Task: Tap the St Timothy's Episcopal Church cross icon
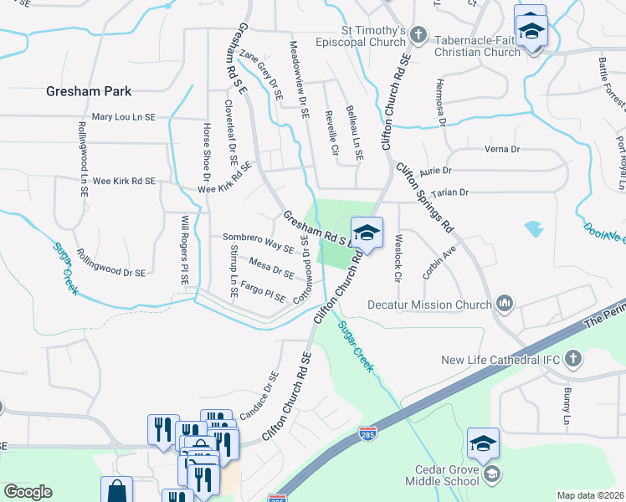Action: [x=419, y=37]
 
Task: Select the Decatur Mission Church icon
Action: [x=504, y=301]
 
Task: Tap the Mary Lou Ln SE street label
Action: [x=124, y=117]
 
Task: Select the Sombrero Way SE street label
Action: [x=258, y=243]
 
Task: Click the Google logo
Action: [x=28, y=492]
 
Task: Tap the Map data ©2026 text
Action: [x=590, y=495]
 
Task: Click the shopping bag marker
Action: [x=117, y=490]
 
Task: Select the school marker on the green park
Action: [x=367, y=233]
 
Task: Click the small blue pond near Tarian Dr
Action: [x=532, y=228]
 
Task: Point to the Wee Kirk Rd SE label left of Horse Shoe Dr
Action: [x=124, y=181]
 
